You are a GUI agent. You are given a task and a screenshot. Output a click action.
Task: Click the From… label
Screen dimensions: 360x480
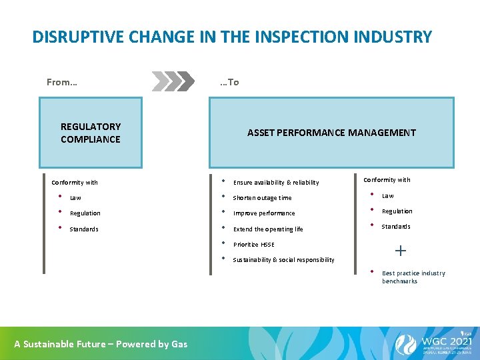[x=62, y=82]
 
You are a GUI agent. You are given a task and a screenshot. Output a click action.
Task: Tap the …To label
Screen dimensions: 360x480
[x=229, y=82]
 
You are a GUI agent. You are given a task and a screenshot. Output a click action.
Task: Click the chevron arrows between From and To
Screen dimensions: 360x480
[x=175, y=81]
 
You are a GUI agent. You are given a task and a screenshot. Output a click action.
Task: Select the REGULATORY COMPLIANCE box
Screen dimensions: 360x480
[x=91, y=133]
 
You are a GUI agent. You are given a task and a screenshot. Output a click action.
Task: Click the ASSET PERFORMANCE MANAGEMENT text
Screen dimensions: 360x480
[x=331, y=133]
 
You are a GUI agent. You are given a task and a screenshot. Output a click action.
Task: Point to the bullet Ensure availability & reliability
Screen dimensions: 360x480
[x=275, y=183]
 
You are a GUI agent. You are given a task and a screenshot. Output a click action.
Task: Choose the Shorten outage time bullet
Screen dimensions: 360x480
[x=262, y=198]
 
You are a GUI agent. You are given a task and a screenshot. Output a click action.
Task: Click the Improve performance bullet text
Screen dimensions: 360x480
[x=263, y=213]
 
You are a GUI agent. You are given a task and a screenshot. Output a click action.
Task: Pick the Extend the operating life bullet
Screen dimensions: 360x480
[x=267, y=229]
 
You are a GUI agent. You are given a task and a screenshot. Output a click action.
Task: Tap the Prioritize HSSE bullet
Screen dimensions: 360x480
[x=253, y=245]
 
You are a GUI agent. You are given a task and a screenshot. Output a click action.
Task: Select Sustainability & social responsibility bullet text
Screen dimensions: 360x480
[x=283, y=260]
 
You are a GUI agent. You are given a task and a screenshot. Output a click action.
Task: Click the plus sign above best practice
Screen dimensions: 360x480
[x=400, y=251]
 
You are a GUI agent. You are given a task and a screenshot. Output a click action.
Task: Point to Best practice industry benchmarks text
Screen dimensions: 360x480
[x=413, y=277]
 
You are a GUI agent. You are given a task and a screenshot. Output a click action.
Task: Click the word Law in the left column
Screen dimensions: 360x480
[x=75, y=198]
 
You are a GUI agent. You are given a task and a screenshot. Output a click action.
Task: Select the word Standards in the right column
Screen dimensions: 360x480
[x=396, y=227]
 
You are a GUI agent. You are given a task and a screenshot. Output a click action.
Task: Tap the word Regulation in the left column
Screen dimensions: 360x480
[x=85, y=213]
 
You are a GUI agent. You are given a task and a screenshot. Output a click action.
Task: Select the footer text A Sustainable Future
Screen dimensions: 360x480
[x=101, y=344]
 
